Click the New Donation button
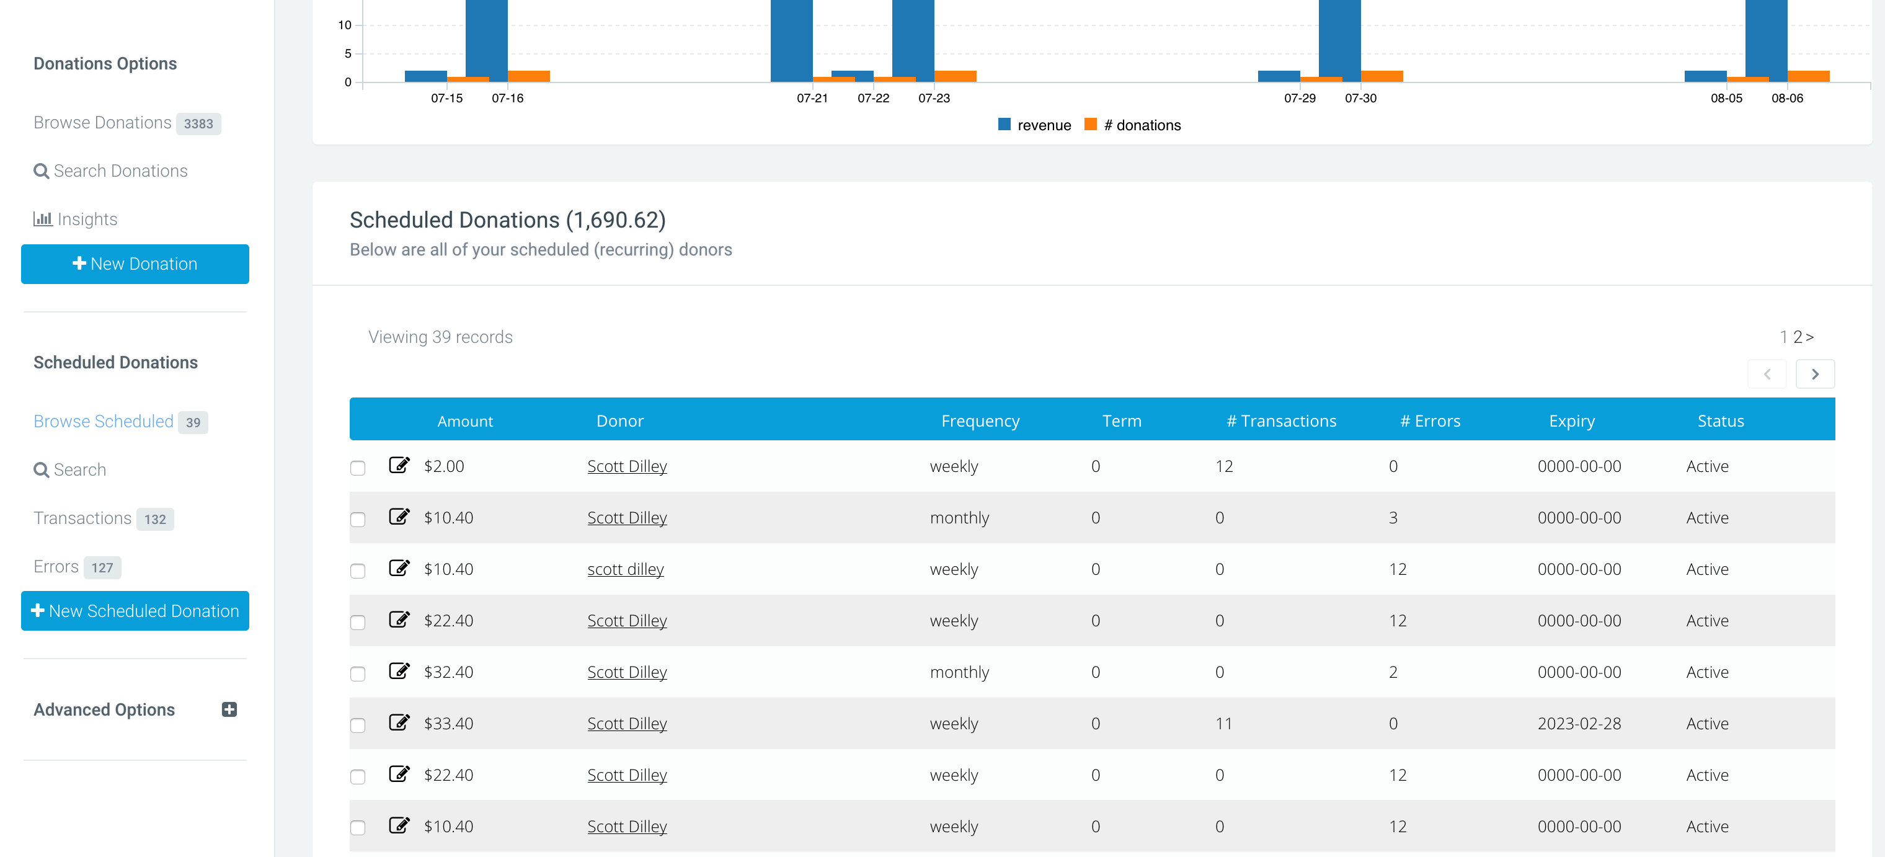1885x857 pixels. pyautogui.click(x=135, y=264)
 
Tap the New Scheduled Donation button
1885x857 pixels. pyautogui.click(x=135, y=610)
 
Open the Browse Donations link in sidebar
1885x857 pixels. pyautogui.click(x=102, y=122)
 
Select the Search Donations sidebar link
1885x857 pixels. pyautogui.click(x=110, y=171)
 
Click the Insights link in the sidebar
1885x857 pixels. pyautogui.click(x=76, y=219)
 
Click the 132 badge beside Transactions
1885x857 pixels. pyautogui.click(x=155, y=519)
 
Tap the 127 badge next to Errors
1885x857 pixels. pyautogui.click(x=102, y=567)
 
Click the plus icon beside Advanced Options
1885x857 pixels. pyautogui.click(x=229, y=709)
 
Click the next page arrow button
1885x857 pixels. pyautogui.click(x=1816, y=374)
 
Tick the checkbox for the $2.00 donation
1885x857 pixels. pyautogui.click(x=358, y=468)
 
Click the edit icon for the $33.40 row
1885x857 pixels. pyautogui.click(x=399, y=722)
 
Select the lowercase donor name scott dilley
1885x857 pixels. pyautogui.click(x=626, y=569)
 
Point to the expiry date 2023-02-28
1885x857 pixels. pyautogui.click(x=1579, y=723)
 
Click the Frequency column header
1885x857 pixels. pyautogui.click(x=980, y=421)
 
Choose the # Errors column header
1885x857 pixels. pyautogui.click(x=1430, y=421)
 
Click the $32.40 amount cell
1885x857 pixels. pyautogui.click(x=448, y=672)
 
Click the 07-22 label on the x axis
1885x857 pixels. pyautogui.click(x=874, y=98)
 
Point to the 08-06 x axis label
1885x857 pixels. pyautogui.click(x=1787, y=98)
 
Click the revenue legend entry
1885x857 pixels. pyautogui.click(x=1035, y=125)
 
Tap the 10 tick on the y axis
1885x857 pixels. pyautogui.click(x=345, y=25)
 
